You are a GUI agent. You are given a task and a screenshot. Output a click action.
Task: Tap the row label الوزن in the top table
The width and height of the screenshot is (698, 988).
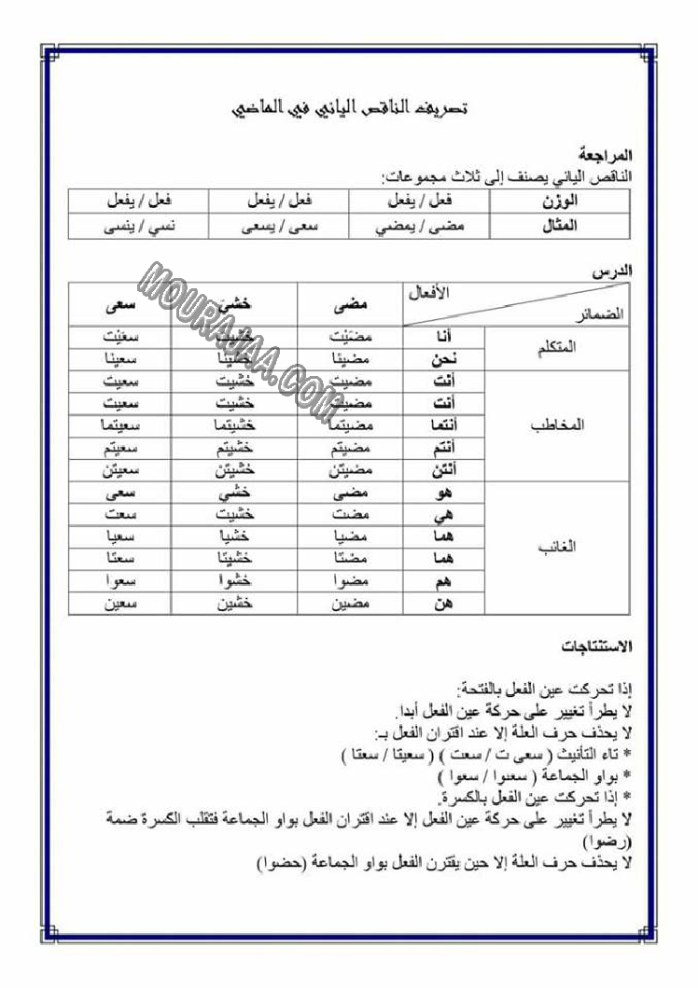(x=559, y=201)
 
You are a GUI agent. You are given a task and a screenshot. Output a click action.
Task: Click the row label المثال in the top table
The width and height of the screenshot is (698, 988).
(x=559, y=226)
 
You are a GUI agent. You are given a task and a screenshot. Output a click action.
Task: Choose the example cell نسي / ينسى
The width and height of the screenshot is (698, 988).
(x=136, y=226)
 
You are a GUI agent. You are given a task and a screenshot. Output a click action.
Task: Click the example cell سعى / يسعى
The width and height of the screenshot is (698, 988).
(x=277, y=226)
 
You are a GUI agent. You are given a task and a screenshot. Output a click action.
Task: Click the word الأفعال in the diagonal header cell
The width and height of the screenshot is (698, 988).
(x=430, y=292)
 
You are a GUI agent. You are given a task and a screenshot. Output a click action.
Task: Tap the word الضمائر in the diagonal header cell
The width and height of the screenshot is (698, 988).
(x=601, y=315)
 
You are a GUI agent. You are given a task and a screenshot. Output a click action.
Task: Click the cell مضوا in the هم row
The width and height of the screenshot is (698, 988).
(x=351, y=581)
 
